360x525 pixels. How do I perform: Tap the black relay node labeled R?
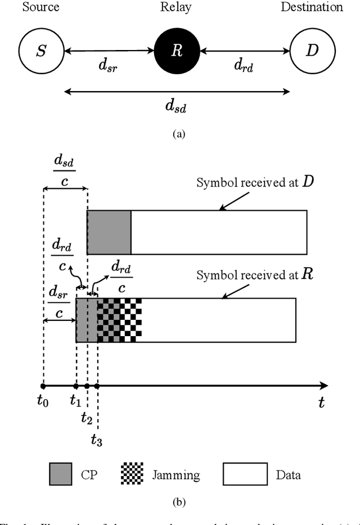click(x=177, y=51)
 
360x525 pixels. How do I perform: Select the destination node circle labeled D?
click(x=312, y=51)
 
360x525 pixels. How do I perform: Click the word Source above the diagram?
click(x=40, y=7)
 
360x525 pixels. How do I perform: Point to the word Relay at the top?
click(x=177, y=7)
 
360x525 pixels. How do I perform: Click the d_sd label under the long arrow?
click(x=177, y=106)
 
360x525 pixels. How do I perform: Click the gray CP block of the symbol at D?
click(x=109, y=232)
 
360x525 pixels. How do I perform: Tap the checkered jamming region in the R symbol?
click(x=119, y=320)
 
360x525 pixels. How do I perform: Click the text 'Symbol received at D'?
click(x=253, y=183)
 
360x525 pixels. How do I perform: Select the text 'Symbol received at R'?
click(x=253, y=275)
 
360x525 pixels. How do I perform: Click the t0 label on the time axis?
click(x=43, y=402)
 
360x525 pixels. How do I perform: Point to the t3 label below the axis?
click(x=97, y=440)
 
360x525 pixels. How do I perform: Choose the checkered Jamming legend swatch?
click(x=132, y=474)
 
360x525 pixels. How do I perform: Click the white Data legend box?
click(x=245, y=474)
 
